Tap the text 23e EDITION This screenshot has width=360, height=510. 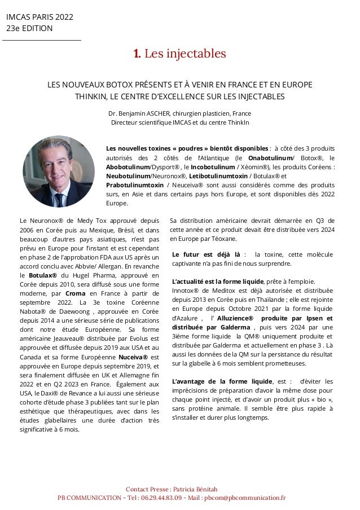[x=29, y=28]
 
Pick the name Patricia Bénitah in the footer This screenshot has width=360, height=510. [x=197, y=489]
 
